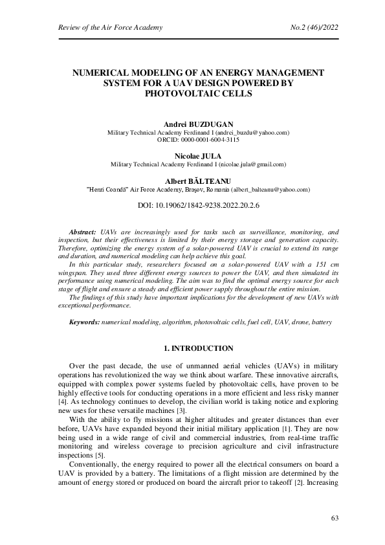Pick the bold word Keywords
tap(85, 321)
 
